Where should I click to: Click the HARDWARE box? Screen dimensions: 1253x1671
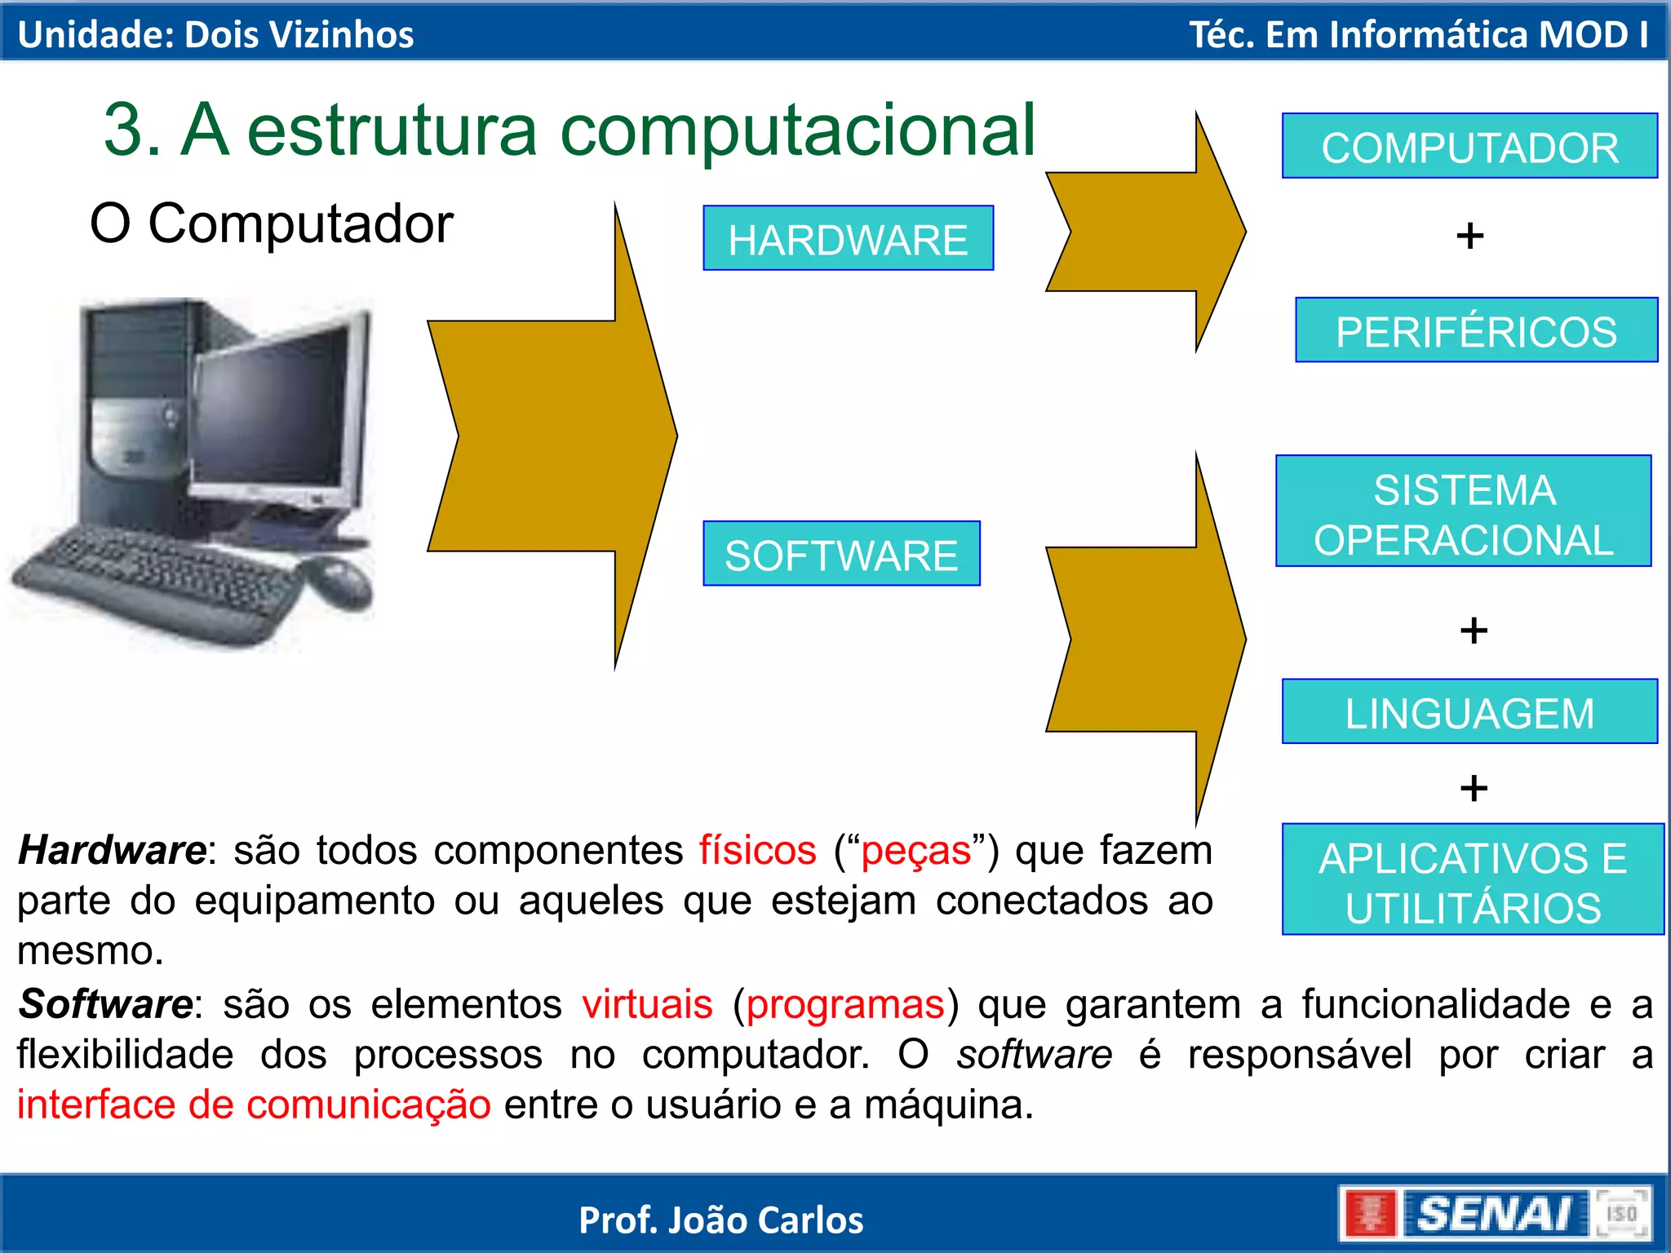point(848,238)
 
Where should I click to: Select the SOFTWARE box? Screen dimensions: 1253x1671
point(841,554)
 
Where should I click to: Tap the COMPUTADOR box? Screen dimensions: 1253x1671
point(1469,146)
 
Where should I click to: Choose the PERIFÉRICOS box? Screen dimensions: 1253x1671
point(1476,330)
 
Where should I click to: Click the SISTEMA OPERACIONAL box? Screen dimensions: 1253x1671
point(1463,511)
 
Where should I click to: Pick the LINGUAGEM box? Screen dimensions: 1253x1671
point(1469,711)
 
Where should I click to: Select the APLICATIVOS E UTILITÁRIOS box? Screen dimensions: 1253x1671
point(1473,879)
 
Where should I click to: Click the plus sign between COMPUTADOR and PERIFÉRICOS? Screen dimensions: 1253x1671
point(1469,237)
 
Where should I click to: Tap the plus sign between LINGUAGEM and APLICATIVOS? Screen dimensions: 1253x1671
point(1474,788)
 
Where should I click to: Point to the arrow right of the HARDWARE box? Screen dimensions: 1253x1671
point(1142,232)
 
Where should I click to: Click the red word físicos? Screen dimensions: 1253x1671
point(757,851)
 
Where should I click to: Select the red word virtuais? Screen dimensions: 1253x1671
point(647,1004)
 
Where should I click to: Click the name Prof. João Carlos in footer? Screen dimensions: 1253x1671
point(721,1220)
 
